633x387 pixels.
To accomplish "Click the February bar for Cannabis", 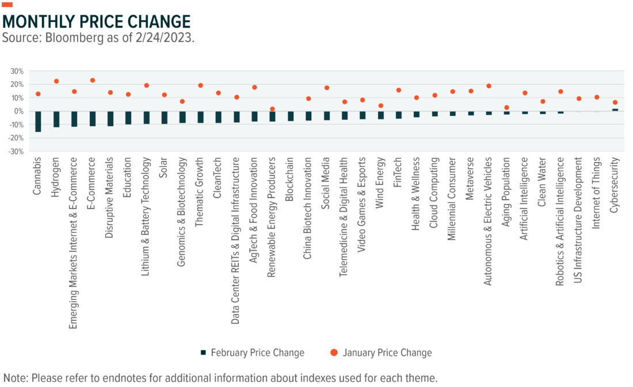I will click(x=38, y=122).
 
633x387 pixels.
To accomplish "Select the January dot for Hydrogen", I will click(x=56, y=81).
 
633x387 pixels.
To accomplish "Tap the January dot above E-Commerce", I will click(x=93, y=81).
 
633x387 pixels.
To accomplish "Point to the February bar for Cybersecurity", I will click(x=615, y=109).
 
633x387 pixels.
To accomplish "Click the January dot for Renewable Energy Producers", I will click(x=272, y=109).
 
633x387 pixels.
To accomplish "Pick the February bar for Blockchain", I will click(x=291, y=116).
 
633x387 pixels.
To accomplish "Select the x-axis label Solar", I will click(x=165, y=168).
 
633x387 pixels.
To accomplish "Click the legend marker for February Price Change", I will click(x=203, y=352).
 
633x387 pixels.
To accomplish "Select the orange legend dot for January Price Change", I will click(x=334, y=352).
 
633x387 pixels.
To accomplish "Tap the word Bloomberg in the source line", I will click(x=64, y=39).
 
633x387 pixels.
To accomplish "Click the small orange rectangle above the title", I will click(x=7, y=5).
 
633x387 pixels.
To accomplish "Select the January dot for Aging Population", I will click(x=506, y=108).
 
